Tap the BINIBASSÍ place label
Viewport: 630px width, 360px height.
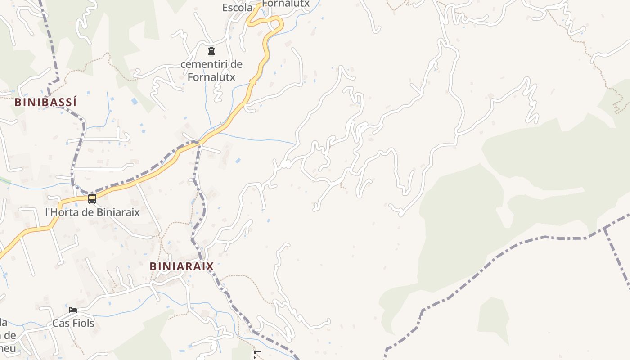(45, 102)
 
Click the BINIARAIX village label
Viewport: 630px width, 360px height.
(181, 266)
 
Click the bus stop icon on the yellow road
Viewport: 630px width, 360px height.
(92, 198)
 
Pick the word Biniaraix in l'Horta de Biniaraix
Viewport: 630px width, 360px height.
(118, 212)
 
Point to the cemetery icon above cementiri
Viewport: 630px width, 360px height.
(211, 51)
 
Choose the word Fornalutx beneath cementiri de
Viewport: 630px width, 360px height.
(211, 77)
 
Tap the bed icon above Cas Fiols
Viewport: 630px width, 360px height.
(73, 310)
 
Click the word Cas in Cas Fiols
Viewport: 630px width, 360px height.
(60, 323)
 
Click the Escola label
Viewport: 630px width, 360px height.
(237, 8)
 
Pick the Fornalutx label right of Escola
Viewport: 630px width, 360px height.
(286, 4)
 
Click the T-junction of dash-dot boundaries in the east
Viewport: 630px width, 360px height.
(604, 228)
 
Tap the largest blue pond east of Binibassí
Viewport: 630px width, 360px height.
(135, 101)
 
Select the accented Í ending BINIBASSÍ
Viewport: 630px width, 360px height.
(74, 102)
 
